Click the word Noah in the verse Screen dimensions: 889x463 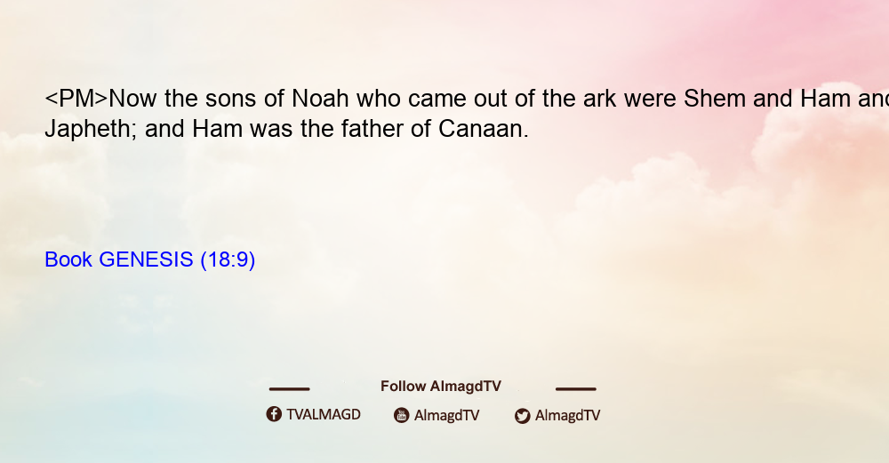tap(320, 99)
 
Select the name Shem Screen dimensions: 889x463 tap(714, 99)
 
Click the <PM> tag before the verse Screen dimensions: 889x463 tap(76, 99)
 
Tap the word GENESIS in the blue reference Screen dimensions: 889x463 tap(146, 259)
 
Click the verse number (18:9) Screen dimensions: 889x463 tap(228, 259)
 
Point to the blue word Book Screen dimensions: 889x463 tap(68, 259)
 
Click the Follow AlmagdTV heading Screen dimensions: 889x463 tap(441, 387)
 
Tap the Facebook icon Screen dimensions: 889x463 tap(274, 414)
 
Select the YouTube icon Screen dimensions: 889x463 tap(402, 415)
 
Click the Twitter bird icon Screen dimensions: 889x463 tap(522, 416)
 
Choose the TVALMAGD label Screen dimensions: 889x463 tap(324, 415)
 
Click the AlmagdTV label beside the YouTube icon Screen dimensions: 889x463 tap(447, 416)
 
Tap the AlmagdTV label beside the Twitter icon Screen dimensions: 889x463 tap(567, 416)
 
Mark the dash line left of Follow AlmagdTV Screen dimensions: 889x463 tap(289, 389)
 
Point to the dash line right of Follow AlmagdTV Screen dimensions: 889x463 tap(576, 389)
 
